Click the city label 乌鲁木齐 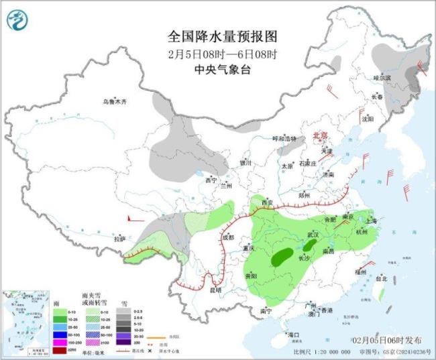click(114, 102)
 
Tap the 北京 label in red click(321, 136)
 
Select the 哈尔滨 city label click(382, 78)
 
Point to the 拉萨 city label click(119, 239)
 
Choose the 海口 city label click(292, 334)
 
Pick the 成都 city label click(227, 237)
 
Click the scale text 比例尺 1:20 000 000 click(322, 351)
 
